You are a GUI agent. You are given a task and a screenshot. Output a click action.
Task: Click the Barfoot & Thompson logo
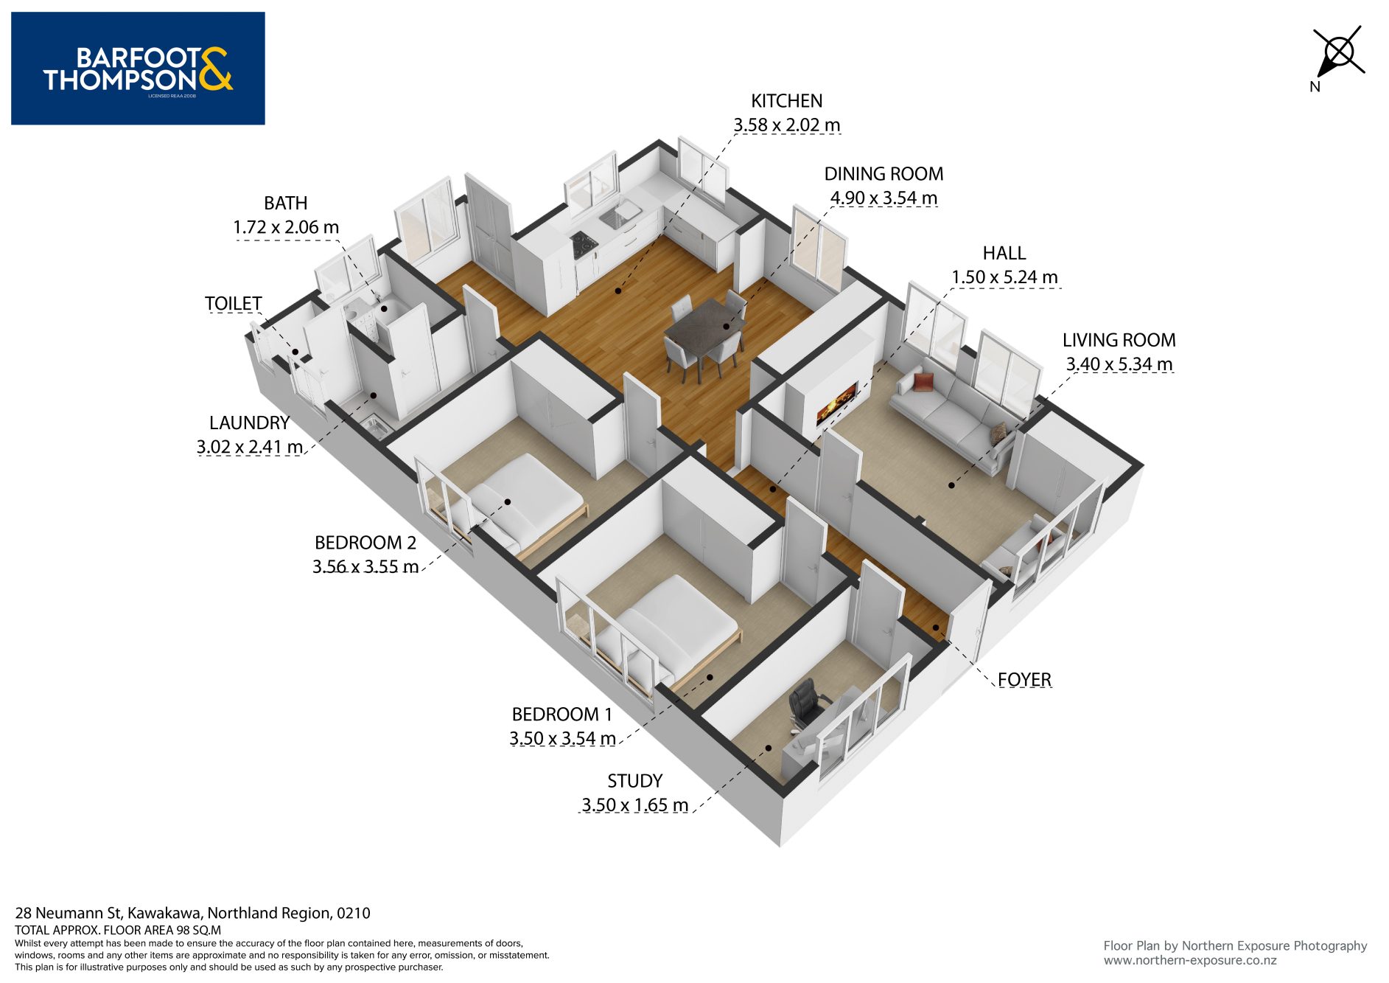[x=138, y=69]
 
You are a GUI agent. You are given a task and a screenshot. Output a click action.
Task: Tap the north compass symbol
[x=1337, y=52]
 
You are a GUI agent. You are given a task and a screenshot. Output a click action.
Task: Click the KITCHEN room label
[x=786, y=101]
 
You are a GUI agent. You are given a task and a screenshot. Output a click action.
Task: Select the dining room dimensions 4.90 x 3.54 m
[x=884, y=198]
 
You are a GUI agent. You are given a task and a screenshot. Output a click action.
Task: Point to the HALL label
[x=1004, y=253]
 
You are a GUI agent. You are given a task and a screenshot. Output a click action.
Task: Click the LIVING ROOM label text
[x=1119, y=340]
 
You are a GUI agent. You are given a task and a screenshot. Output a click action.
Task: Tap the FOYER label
[x=1024, y=679]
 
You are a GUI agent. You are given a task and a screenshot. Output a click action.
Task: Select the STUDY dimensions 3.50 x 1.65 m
[x=634, y=805]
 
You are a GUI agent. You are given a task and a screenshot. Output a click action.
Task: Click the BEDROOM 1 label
[x=561, y=715]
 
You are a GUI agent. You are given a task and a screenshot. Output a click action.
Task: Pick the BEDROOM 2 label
[x=365, y=543]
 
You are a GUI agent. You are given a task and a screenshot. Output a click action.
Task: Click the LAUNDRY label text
[x=249, y=423]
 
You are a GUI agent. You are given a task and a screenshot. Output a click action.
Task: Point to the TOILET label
[x=233, y=304]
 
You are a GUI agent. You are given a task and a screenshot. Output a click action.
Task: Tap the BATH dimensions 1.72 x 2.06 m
[x=286, y=227]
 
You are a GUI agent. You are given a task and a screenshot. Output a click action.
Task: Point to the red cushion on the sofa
[x=923, y=381]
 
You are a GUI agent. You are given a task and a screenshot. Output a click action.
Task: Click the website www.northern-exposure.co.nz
[x=1189, y=961]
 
